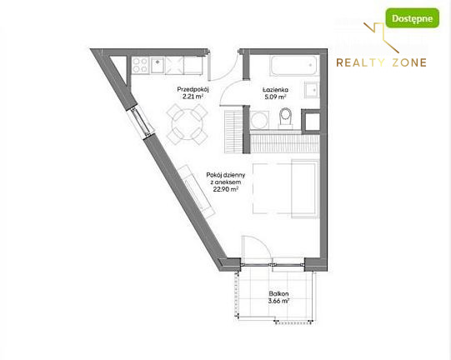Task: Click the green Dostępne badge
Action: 412,18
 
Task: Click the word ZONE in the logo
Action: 409,62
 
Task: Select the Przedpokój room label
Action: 193,89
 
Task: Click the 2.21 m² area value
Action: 193,97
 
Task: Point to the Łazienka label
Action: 275,90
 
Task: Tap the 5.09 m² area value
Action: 275,97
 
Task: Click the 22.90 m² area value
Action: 226,189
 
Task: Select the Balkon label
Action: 278,294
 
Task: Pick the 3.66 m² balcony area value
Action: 278,301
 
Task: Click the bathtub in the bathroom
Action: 294,66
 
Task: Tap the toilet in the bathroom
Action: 286,117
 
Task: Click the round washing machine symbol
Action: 259,120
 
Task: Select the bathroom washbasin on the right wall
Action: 312,90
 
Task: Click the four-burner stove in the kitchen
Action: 140,65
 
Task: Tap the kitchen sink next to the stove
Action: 158,65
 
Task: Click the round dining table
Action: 188,124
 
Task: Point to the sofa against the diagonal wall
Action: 196,192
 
